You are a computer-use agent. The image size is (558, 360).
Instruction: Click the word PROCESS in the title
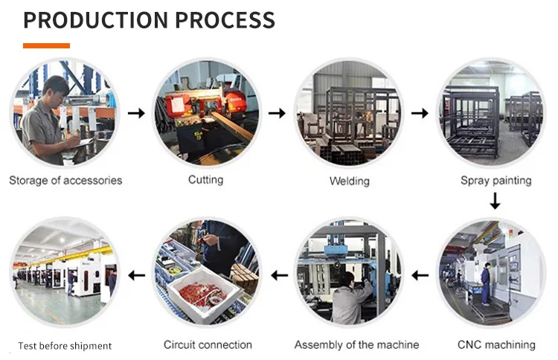pos(222,20)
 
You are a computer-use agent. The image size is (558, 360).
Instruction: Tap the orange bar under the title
pos(46,45)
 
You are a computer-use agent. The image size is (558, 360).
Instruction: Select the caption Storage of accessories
pos(65,180)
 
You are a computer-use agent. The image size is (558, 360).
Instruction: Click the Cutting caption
pos(205,180)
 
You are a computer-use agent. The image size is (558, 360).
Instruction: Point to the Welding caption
pos(349,181)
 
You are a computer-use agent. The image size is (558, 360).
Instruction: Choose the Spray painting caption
pos(496,180)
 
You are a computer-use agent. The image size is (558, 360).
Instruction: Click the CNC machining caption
pos(496,344)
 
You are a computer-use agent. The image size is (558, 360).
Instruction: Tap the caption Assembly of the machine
pos(356,344)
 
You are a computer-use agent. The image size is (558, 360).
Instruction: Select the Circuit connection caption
pos(208,344)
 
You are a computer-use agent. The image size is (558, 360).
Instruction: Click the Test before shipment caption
pos(65,346)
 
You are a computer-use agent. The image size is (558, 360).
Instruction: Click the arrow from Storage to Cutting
pos(136,113)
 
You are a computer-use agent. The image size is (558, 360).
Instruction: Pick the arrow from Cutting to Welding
pos(277,113)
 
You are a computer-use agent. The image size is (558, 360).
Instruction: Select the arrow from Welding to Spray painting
pos(420,113)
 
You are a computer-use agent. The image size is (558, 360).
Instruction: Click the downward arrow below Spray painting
pos(496,201)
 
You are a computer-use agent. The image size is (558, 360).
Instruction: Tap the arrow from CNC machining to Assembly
pos(420,276)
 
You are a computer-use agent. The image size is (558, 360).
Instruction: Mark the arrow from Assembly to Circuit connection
pos(279,276)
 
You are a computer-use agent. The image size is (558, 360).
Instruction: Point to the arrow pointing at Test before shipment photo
pos(136,276)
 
